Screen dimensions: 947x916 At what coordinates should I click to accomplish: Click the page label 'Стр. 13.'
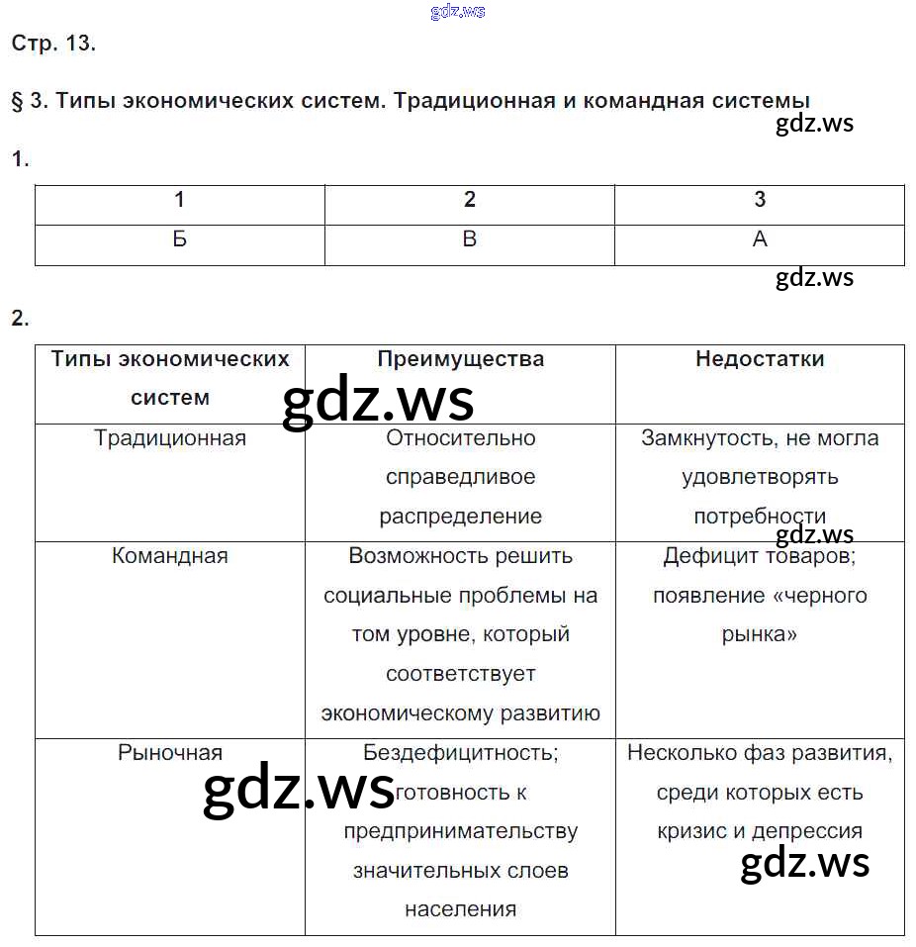click(x=53, y=44)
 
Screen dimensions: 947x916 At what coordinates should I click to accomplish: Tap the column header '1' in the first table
click(x=179, y=200)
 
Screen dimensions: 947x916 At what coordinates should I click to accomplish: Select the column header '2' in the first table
click(x=470, y=200)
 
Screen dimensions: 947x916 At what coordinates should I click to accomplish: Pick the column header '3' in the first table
click(x=760, y=200)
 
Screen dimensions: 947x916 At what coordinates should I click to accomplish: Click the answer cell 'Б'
click(x=179, y=239)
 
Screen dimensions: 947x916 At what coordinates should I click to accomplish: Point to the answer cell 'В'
click(x=470, y=239)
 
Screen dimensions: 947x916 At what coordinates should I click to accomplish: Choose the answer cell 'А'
click(x=760, y=239)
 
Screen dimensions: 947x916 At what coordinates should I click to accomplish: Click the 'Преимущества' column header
click(x=460, y=359)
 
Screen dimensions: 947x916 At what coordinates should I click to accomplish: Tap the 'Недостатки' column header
click(x=760, y=359)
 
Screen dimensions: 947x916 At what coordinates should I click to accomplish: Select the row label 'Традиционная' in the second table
click(x=170, y=437)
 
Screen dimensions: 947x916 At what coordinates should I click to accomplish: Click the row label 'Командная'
click(x=170, y=556)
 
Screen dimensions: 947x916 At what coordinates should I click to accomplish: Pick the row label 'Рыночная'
click(x=170, y=753)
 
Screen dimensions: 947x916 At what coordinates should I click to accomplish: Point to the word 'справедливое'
click(x=460, y=477)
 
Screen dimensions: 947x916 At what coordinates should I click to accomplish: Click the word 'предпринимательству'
click(x=460, y=831)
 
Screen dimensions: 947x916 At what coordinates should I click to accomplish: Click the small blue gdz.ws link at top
click(x=458, y=12)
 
